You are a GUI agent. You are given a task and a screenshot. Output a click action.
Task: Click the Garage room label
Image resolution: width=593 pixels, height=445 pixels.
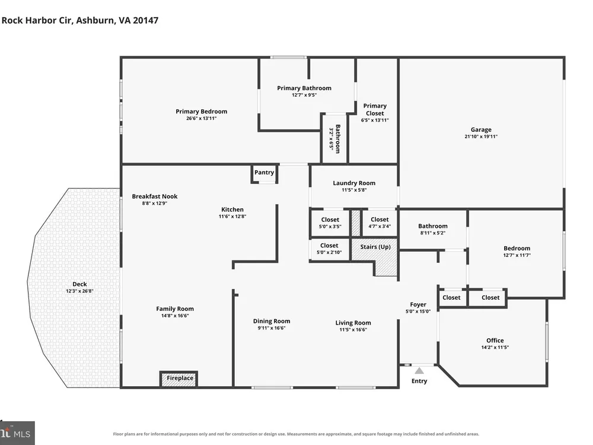click(x=481, y=129)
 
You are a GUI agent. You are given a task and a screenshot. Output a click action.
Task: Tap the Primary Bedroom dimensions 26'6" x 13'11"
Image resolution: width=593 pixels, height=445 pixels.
click(x=201, y=119)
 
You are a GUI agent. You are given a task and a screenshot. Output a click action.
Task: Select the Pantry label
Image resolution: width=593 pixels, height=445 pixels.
click(x=264, y=172)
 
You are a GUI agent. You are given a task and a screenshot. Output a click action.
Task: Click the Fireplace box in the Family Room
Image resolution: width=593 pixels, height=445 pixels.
click(x=179, y=379)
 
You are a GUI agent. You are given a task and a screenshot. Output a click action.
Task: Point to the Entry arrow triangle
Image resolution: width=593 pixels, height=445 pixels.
click(x=419, y=370)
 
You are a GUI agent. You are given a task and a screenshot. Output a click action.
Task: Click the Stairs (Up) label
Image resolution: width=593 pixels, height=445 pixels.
click(x=375, y=247)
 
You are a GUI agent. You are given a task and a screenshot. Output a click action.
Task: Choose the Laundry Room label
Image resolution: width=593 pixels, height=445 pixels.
click(x=354, y=183)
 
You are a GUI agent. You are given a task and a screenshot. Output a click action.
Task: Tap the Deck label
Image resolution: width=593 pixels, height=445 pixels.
click(x=79, y=284)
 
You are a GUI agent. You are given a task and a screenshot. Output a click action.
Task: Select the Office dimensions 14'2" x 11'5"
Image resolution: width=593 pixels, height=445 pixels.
click(x=495, y=347)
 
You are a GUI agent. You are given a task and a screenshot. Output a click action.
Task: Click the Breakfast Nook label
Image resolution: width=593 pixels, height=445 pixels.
click(x=154, y=196)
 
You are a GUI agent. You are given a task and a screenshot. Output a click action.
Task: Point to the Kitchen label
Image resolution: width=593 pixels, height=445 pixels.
click(x=232, y=209)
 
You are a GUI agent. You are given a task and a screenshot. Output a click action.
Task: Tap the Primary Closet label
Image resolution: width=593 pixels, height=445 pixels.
click(x=375, y=109)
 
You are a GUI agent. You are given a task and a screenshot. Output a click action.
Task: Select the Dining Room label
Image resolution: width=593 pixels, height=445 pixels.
click(x=272, y=321)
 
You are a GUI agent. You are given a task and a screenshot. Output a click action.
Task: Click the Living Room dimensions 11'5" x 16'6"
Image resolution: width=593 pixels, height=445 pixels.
click(x=353, y=329)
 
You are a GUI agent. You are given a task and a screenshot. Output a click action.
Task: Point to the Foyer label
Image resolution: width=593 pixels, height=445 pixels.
click(x=418, y=304)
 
